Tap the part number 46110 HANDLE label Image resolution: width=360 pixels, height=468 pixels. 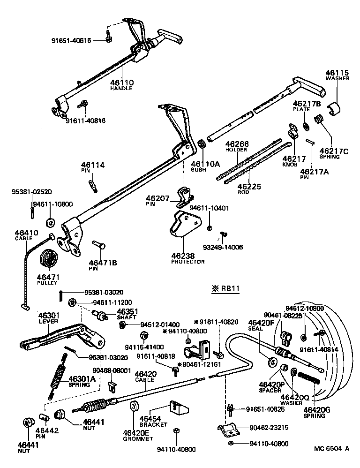click(122, 85)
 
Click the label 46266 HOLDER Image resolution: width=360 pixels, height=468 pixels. click(237, 146)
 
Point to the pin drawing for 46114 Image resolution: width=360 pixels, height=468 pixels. click(93, 183)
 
